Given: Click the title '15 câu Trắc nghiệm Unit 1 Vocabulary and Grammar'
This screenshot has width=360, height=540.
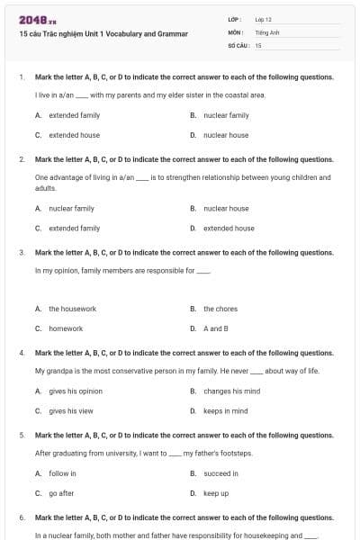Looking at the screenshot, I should [x=103, y=33].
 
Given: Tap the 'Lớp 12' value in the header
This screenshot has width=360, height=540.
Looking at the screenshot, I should [x=263, y=19].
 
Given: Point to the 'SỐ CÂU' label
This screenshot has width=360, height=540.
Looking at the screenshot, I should [x=238, y=44].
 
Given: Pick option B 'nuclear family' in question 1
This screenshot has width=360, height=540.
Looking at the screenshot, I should [x=226, y=115].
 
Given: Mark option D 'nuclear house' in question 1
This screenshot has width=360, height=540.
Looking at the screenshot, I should [x=226, y=135].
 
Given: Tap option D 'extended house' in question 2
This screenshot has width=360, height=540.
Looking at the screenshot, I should [x=229, y=228].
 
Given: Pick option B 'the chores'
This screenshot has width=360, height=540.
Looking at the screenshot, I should [x=220, y=309].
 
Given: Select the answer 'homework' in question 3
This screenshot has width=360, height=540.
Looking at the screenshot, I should [x=66, y=328].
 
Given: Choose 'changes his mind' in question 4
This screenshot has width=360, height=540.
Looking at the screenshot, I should [x=231, y=391].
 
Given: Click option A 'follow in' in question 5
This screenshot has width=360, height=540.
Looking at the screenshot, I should [x=62, y=472].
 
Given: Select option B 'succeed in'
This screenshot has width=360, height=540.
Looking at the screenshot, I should [x=220, y=472].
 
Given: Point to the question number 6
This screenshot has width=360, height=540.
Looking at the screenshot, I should [x=22, y=518].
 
